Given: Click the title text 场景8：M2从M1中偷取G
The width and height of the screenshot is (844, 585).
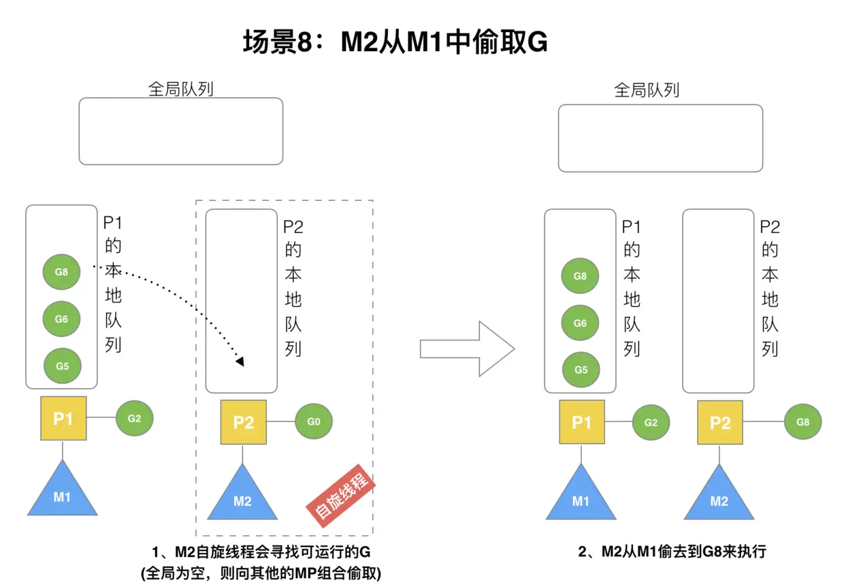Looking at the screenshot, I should (x=395, y=42).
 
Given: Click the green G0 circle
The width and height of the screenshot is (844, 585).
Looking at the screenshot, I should (x=313, y=422).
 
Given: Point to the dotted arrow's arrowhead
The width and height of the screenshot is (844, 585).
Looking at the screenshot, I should (x=240, y=361).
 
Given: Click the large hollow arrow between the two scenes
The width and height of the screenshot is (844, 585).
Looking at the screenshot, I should (x=466, y=349).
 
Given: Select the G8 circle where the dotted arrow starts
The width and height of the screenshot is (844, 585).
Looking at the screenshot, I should (x=61, y=272).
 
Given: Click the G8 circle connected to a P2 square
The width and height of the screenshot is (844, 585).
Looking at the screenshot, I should (x=802, y=422).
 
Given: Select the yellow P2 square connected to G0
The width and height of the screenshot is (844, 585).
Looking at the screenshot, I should (x=243, y=422).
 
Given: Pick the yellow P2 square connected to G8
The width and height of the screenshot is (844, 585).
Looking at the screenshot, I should (x=719, y=422).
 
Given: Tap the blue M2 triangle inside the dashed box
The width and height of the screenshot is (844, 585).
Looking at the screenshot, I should (x=242, y=496).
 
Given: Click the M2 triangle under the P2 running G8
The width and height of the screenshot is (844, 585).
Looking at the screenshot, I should (x=719, y=496).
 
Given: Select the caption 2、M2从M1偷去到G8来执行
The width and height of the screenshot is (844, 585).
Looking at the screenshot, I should (x=672, y=552).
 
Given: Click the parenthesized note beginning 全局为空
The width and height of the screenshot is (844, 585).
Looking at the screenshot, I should (x=261, y=573).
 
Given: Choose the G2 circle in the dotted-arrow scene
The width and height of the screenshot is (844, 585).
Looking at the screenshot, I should (x=134, y=418).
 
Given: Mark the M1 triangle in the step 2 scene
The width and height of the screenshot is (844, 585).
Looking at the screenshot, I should (x=581, y=496).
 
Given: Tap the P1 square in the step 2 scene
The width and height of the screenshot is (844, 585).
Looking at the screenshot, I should (x=581, y=422).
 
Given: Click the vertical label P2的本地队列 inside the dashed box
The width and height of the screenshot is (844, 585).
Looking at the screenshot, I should (x=293, y=287).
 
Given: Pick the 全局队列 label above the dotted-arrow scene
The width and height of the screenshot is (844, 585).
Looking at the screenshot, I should (x=180, y=89).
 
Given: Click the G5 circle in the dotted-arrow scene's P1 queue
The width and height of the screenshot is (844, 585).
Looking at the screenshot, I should (x=62, y=366).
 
